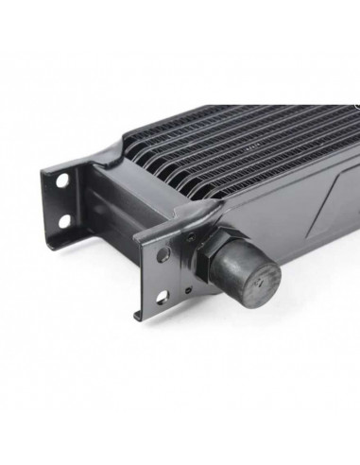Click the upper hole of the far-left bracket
(61, 180)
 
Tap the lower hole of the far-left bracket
(65, 220)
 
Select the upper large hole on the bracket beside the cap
(163, 255)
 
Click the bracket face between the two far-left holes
(63, 200)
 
